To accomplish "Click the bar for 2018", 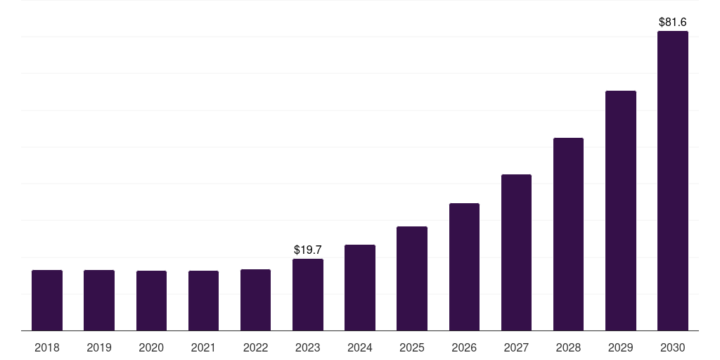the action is click(x=47, y=300).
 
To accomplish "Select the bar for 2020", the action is click(x=151, y=301).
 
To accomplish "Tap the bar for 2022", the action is click(x=255, y=300).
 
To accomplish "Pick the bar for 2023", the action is click(x=308, y=295).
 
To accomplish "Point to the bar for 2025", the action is click(x=412, y=278).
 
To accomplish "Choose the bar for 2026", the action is click(x=464, y=266).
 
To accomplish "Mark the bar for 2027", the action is click(x=516, y=252).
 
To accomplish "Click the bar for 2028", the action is click(x=568, y=234).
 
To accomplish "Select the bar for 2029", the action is click(x=620, y=211).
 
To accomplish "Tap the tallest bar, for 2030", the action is click(x=673, y=181).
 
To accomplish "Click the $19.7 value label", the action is click(x=308, y=250).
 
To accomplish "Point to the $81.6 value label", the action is click(x=673, y=22).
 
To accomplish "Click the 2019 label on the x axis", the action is click(x=99, y=347).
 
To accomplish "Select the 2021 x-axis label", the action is click(x=203, y=347).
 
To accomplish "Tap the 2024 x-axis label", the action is click(x=360, y=347).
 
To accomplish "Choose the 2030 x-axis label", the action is click(x=673, y=347).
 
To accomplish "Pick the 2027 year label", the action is click(x=516, y=347).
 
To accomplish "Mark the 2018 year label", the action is click(x=47, y=347).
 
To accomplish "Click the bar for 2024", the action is click(x=360, y=288).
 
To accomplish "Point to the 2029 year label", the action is click(x=620, y=347).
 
